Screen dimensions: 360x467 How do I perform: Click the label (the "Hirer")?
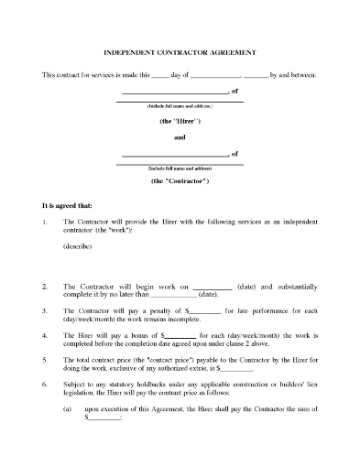(180, 121)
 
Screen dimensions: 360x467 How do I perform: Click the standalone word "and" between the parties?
(180, 137)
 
